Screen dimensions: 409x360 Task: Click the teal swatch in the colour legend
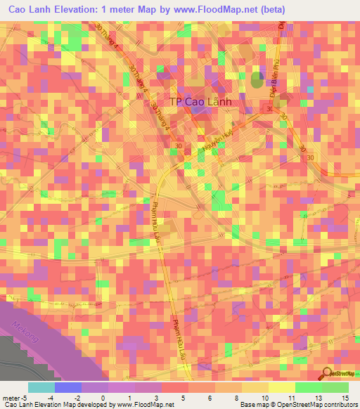pos(41,387)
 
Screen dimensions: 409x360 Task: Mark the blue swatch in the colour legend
pos(67,387)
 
